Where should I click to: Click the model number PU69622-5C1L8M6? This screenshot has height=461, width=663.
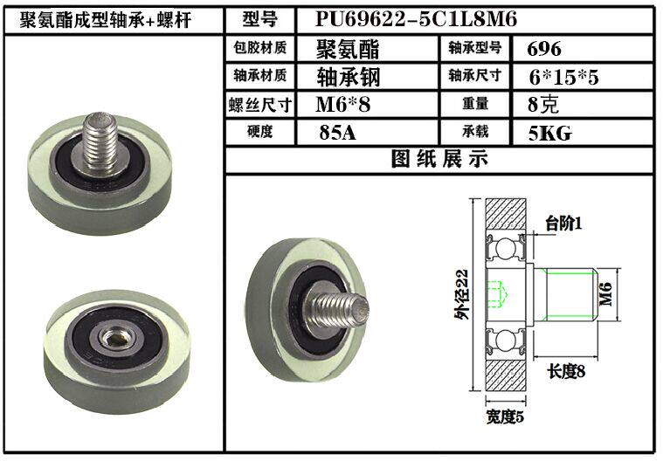coord(416,19)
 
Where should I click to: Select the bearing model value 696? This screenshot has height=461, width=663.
coord(544,49)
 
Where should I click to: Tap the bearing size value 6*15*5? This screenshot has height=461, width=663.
coord(563,78)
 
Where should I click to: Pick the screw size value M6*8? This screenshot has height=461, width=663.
coord(343,105)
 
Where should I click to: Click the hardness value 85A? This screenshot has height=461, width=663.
coord(337,133)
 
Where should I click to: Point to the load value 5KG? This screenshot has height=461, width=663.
coord(549,133)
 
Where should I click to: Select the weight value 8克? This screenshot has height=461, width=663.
coord(543,105)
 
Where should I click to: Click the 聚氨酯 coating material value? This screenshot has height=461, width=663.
coord(348,49)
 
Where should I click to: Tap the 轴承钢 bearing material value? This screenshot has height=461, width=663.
coord(349,77)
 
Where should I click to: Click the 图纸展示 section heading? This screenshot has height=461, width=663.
coord(439,159)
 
